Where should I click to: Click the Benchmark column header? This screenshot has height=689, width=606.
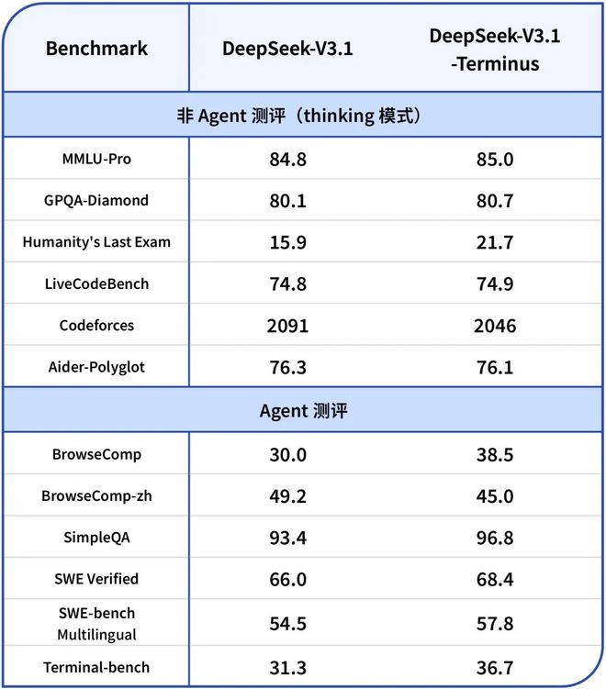(x=96, y=49)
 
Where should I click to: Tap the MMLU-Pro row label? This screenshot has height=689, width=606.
(x=96, y=159)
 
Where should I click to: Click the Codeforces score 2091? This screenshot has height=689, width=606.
(x=288, y=326)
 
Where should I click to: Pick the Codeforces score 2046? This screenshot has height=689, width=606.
(x=495, y=326)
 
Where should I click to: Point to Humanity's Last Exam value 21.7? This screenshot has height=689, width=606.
(x=495, y=242)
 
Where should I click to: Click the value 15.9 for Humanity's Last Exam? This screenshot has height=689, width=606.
(x=288, y=242)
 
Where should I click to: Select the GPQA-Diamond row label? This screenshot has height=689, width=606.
(x=96, y=200)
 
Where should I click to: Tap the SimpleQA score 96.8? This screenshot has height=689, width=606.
(x=495, y=538)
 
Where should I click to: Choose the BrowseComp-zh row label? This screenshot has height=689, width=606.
(x=96, y=495)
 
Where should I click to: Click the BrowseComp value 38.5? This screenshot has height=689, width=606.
(x=495, y=455)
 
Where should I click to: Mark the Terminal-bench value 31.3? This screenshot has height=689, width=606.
(x=288, y=667)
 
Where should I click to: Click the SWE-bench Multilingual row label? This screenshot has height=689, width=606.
(x=96, y=623)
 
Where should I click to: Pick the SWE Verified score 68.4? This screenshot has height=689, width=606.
(x=495, y=579)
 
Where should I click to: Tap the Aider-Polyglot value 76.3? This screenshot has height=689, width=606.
(x=288, y=367)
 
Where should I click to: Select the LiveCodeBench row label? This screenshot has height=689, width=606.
(x=96, y=283)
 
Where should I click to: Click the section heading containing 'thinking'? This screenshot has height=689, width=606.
(x=304, y=117)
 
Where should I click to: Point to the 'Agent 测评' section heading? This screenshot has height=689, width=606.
(x=304, y=412)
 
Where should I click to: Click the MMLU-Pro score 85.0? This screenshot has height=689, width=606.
(x=495, y=160)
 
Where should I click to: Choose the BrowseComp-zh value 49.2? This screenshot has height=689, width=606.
(x=288, y=496)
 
